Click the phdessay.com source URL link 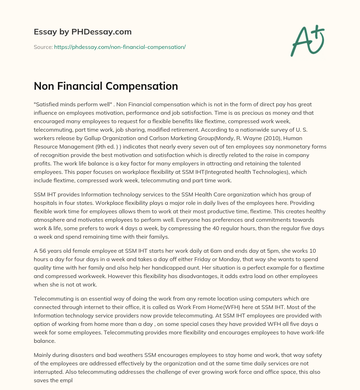point(120,47)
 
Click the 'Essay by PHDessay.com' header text point(83,32)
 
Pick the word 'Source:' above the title point(43,47)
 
